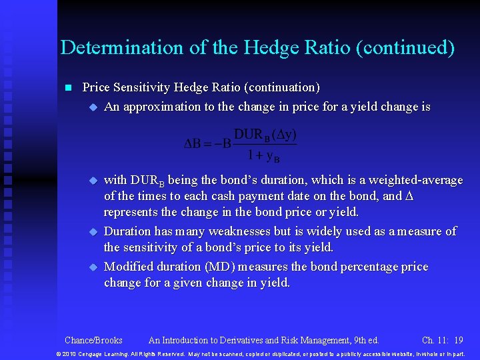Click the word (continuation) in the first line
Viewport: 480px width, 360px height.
tap(282, 87)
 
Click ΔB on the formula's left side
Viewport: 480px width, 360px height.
tap(193, 144)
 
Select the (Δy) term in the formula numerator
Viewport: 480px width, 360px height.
tap(285, 135)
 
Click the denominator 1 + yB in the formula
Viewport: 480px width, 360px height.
tap(263, 156)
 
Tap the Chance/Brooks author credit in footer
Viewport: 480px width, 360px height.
tap(93, 339)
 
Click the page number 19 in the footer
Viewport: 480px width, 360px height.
tap(458, 339)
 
